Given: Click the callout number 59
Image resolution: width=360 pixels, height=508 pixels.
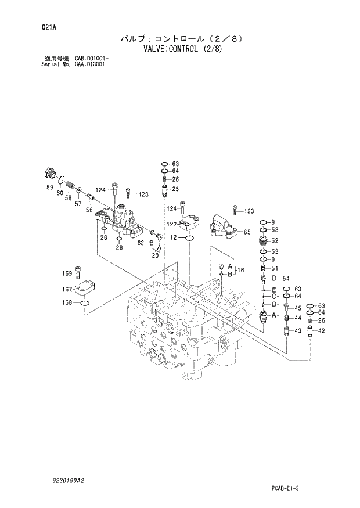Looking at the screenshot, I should [x=49, y=187].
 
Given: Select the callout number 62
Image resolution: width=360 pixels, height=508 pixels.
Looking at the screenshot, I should [x=141, y=243].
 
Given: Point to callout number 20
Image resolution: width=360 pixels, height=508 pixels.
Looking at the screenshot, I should [x=155, y=255].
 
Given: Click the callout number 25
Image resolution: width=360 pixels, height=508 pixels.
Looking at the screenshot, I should [x=175, y=189].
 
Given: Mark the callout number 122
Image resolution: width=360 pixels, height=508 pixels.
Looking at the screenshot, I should [x=172, y=224].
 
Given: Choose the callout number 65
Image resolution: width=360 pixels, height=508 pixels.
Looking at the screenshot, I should [x=247, y=232].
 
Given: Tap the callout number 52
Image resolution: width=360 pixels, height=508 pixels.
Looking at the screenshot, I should [x=274, y=240].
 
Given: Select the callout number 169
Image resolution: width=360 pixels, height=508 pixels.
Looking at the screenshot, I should [x=67, y=273].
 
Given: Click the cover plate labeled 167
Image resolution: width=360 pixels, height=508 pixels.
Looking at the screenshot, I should [x=85, y=289].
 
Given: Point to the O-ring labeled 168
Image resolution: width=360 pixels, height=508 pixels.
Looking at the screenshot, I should [x=85, y=303].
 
